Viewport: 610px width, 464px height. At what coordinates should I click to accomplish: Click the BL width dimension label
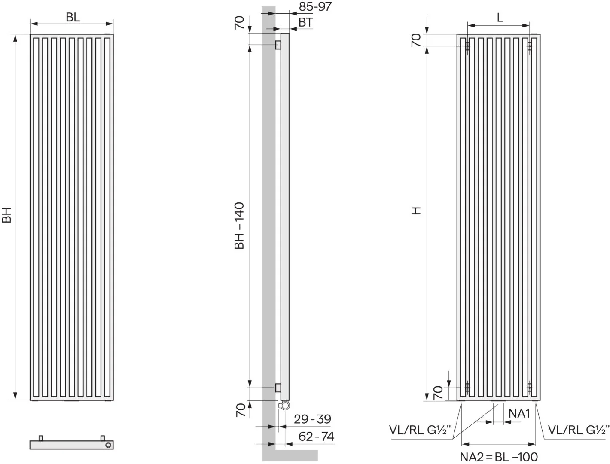tap(73, 17)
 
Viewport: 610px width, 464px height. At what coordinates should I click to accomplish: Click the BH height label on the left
tap(7, 215)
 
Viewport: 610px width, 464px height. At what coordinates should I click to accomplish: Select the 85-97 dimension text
tap(315, 6)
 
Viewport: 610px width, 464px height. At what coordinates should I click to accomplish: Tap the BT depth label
tap(306, 22)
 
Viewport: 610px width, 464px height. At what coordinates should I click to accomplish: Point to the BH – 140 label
tap(239, 226)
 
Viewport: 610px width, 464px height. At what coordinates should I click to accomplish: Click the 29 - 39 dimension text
tap(313, 419)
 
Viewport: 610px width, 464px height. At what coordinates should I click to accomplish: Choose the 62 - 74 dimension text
tap(316, 437)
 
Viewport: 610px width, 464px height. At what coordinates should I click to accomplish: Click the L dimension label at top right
tap(500, 18)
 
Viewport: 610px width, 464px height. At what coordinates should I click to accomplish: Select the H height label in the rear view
tap(416, 211)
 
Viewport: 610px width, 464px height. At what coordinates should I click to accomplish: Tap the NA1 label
tap(519, 414)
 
